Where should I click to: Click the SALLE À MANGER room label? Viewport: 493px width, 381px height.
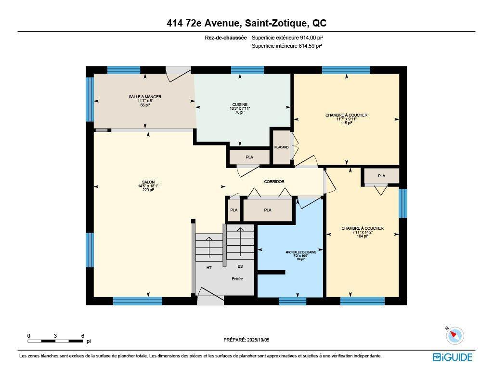tap(145, 97)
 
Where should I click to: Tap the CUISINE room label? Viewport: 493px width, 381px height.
tap(240, 105)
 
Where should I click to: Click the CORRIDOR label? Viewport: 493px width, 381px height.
tap(274, 182)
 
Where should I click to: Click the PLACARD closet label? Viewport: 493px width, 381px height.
tap(281, 147)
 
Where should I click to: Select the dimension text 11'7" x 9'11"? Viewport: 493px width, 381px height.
tap(346, 119)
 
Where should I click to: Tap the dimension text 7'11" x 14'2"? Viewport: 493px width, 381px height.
tap(363, 232)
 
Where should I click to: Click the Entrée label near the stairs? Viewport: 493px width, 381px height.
tap(237, 279)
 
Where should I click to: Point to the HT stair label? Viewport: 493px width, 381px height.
tap(209, 267)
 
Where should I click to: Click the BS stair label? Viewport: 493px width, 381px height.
tap(240, 266)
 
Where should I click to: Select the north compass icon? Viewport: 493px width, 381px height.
tap(454, 335)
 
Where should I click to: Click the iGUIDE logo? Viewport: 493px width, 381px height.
tap(453, 357)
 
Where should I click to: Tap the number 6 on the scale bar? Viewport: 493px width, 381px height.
tap(83, 336)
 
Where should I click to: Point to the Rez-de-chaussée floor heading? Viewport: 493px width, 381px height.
tap(226, 38)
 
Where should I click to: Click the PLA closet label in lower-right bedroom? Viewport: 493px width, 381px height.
tap(381, 176)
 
